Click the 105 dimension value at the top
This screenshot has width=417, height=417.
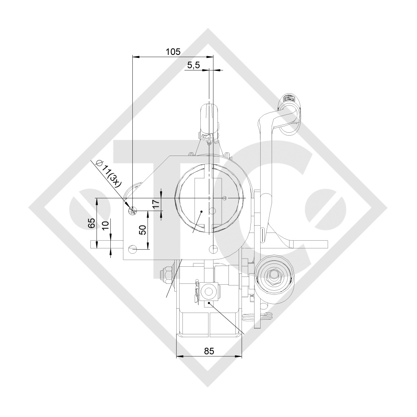click(173, 51)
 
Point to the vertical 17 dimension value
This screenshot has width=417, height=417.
click(156, 204)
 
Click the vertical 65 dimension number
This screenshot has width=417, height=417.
click(92, 223)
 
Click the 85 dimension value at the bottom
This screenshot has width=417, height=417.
click(209, 351)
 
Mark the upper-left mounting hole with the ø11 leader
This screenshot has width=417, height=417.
click(132, 210)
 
